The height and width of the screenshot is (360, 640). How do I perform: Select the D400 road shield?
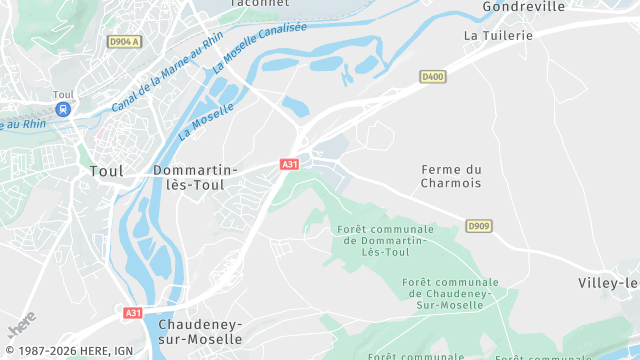[432, 76]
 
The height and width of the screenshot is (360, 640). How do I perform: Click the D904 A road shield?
[125, 42]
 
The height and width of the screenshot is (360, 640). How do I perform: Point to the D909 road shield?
[479, 226]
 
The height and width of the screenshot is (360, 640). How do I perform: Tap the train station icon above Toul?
[63, 109]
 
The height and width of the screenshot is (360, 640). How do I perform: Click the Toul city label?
[106, 171]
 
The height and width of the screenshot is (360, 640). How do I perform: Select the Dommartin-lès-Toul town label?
[195, 178]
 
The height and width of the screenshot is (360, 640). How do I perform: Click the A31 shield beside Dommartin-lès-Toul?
[289, 164]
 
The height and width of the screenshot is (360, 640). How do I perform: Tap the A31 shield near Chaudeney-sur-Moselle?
[133, 313]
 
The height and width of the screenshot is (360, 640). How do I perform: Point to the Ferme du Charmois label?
[451, 176]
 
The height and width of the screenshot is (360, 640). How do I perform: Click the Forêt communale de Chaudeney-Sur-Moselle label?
[452, 293]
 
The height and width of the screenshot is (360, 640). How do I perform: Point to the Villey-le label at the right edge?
[609, 283]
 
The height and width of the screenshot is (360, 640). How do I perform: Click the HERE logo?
[22, 323]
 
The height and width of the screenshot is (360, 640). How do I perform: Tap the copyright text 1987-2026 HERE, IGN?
[70, 351]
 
